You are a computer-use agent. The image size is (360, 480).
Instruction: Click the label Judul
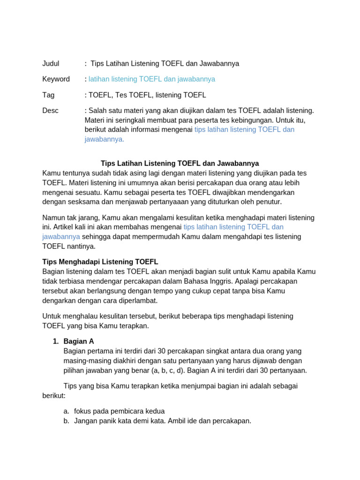(x=51, y=63)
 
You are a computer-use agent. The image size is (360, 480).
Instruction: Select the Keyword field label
(x=56, y=79)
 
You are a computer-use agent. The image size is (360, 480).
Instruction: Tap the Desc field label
(x=50, y=111)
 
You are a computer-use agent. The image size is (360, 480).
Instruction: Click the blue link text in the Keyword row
(x=152, y=79)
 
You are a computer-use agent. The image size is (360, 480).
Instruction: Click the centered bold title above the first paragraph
(x=180, y=164)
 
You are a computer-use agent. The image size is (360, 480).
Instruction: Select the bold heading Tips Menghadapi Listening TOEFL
(x=100, y=262)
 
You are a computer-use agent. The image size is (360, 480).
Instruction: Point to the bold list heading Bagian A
(x=79, y=342)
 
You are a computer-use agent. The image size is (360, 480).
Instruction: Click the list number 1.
(x=56, y=342)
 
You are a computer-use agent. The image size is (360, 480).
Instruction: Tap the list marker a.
(x=66, y=411)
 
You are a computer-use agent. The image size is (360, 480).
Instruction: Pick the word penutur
(x=268, y=202)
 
